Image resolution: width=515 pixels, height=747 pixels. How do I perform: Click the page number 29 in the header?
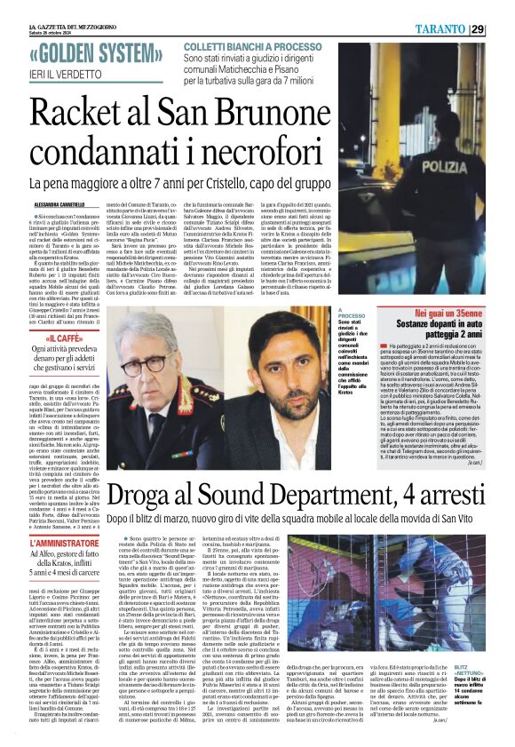tap(502, 29)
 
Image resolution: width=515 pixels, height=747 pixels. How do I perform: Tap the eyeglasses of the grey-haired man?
tap(143, 363)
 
